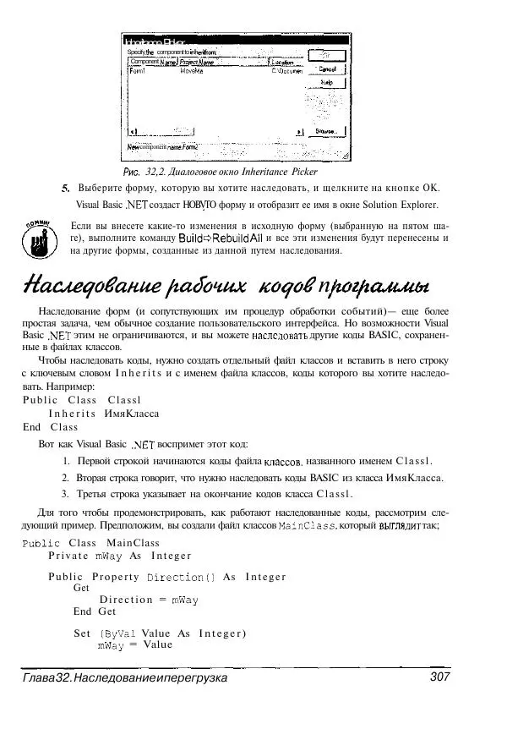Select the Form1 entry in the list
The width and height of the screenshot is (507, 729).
point(137,71)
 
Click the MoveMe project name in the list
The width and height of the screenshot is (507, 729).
point(192,71)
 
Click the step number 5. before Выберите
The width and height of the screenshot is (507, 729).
point(65,188)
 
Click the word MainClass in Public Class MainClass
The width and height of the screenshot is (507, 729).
point(133,542)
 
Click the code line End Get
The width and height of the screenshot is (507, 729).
point(95,611)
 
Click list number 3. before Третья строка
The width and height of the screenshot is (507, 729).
point(67,494)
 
